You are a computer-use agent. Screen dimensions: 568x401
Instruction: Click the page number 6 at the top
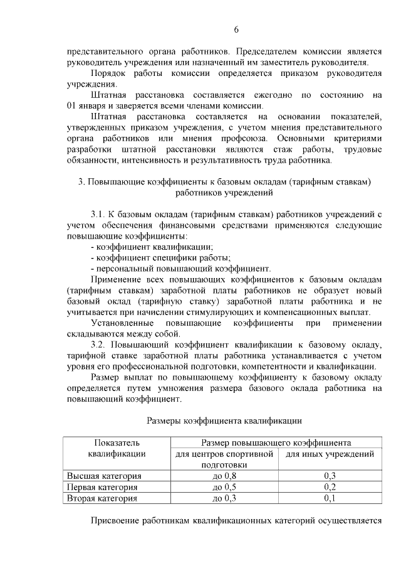(x=237, y=29)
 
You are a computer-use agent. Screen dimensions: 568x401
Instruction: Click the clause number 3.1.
(x=100, y=214)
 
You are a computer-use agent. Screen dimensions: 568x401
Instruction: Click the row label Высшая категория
(x=104, y=476)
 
